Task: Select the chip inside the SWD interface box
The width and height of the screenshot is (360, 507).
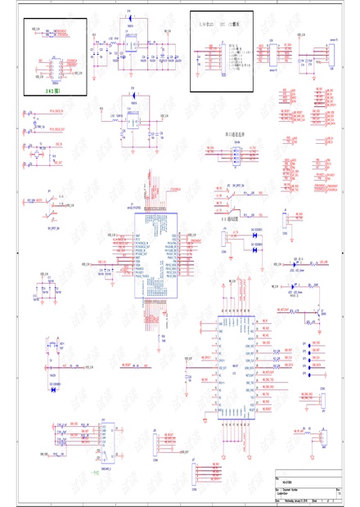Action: pos(56,69)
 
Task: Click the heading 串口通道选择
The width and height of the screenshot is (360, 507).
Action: pos(237,132)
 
